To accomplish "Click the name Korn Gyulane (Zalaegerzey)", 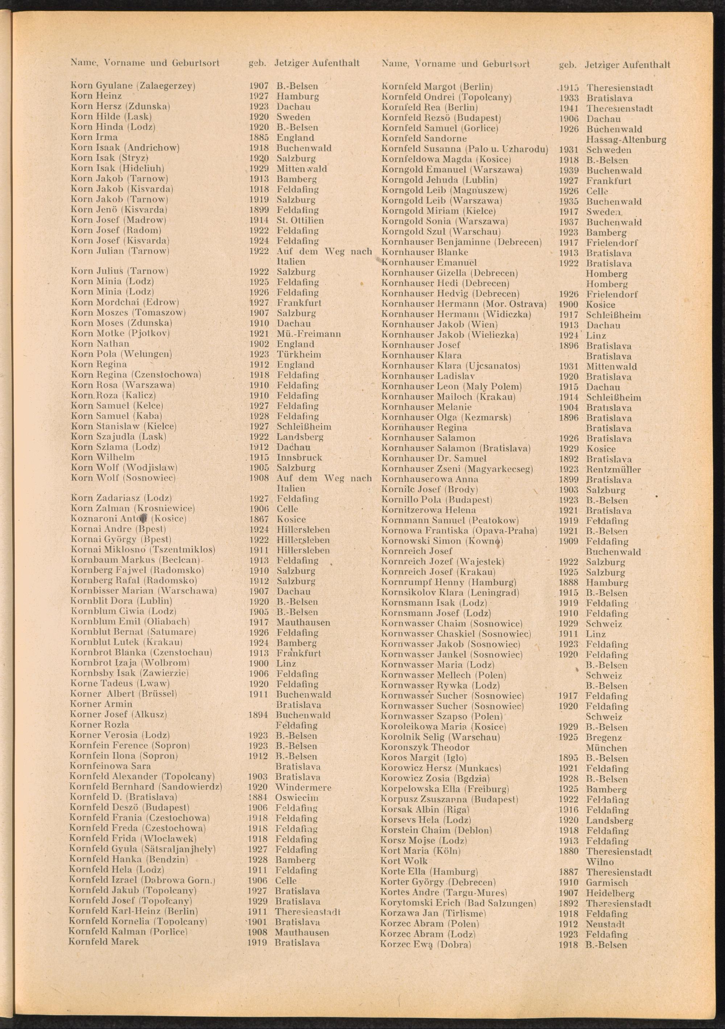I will [x=133, y=86].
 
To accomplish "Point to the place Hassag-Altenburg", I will [x=626, y=139].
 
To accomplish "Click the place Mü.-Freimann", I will [x=308, y=334].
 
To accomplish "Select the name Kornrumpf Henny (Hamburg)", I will [x=448, y=582].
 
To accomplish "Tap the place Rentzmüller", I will [x=613, y=470].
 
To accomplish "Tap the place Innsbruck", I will [x=299, y=458].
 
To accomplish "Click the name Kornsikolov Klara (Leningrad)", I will [x=449, y=593].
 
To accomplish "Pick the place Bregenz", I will [x=604, y=737].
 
